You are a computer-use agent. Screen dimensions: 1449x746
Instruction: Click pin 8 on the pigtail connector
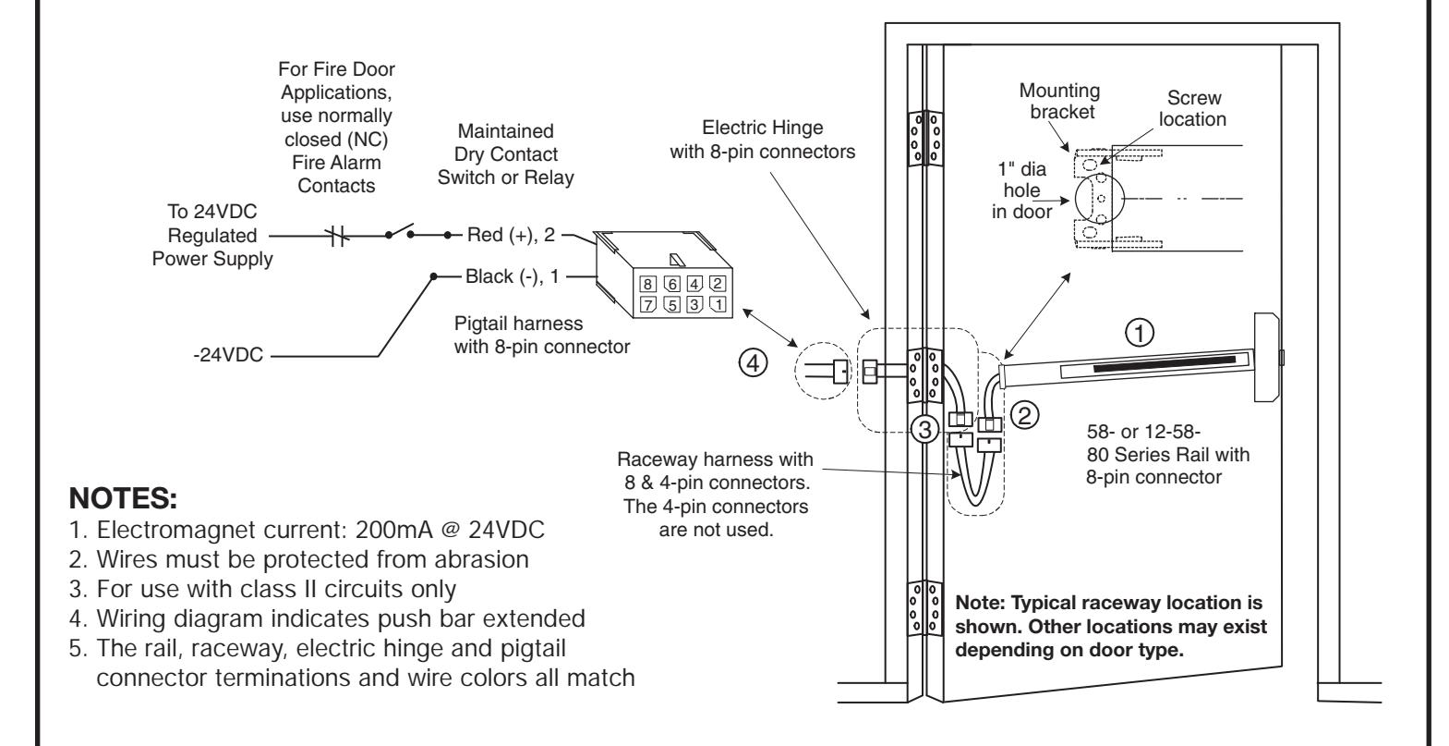(x=647, y=284)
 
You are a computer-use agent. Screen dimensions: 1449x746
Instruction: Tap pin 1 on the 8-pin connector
(x=718, y=304)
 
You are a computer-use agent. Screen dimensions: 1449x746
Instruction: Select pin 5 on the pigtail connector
(x=672, y=304)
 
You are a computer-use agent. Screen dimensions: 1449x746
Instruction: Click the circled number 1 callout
(x=1139, y=334)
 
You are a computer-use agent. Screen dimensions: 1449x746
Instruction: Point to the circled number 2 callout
(x=1024, y=415)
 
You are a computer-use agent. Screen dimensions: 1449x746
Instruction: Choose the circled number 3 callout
(x=925, y=429)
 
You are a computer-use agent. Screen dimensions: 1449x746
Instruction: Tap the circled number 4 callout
(x=753, y=362)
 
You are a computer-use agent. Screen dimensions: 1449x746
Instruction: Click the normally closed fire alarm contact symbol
(x=337, y=236)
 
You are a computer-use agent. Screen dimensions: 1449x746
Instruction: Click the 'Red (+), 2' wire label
(x=511, y=235)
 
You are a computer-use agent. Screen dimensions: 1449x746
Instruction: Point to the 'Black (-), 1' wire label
(x=512, y=276)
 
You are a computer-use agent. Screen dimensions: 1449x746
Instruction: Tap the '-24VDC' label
(x=228, y=355)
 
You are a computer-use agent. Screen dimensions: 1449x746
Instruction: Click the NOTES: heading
(x=123, y=498)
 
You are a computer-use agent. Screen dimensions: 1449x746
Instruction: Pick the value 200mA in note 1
(x=393, y=530)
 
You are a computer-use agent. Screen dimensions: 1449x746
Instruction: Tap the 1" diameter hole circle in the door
(x=1100, y=198)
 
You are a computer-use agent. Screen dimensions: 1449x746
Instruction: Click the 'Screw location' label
(x=1193, y=108)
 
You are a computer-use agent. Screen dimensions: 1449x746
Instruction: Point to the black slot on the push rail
(x=1165, y=364)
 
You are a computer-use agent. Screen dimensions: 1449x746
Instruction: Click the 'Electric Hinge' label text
(x=763, y=128)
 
